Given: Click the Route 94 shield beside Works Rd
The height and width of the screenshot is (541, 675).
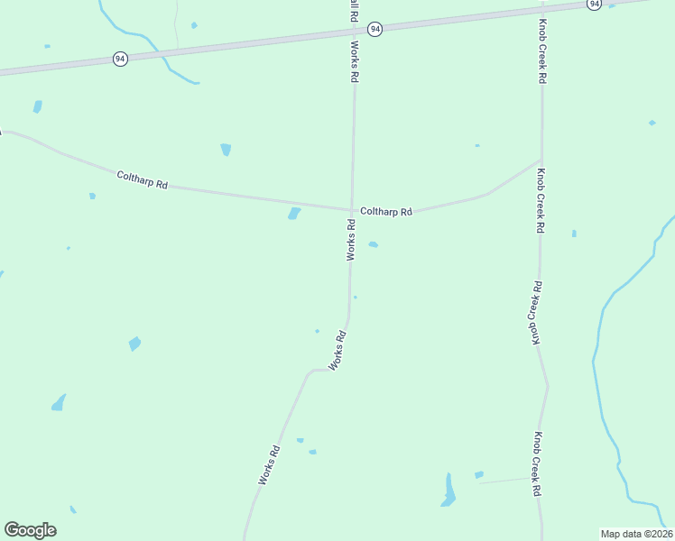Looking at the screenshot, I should coord(374,30).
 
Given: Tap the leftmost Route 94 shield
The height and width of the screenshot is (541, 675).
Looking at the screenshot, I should coord(120,59).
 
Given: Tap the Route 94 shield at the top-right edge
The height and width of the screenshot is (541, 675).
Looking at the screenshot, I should coord(593,5).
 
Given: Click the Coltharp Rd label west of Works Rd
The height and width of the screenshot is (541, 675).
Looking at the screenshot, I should coord(143,179).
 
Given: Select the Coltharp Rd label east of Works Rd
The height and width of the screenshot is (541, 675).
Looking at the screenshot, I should coord(386,212).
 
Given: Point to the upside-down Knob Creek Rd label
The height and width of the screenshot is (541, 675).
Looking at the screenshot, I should coord(535,313).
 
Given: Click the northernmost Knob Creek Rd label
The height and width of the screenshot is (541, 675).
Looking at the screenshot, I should coord(542,51).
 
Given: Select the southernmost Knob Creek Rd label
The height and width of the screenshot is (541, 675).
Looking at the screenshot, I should coord(536,463).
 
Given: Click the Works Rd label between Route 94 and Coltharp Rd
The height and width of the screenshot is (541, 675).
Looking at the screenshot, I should coord(355,62).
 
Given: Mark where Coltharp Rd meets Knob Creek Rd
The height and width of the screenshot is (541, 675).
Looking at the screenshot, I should coord(541,161).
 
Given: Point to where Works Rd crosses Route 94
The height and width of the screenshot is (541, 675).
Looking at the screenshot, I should coord(354,32).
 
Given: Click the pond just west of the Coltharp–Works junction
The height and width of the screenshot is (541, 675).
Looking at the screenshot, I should coord(294,214).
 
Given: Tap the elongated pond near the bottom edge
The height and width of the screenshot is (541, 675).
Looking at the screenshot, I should coord(448,491).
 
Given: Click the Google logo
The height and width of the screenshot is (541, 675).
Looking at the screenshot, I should coord(30,530).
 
